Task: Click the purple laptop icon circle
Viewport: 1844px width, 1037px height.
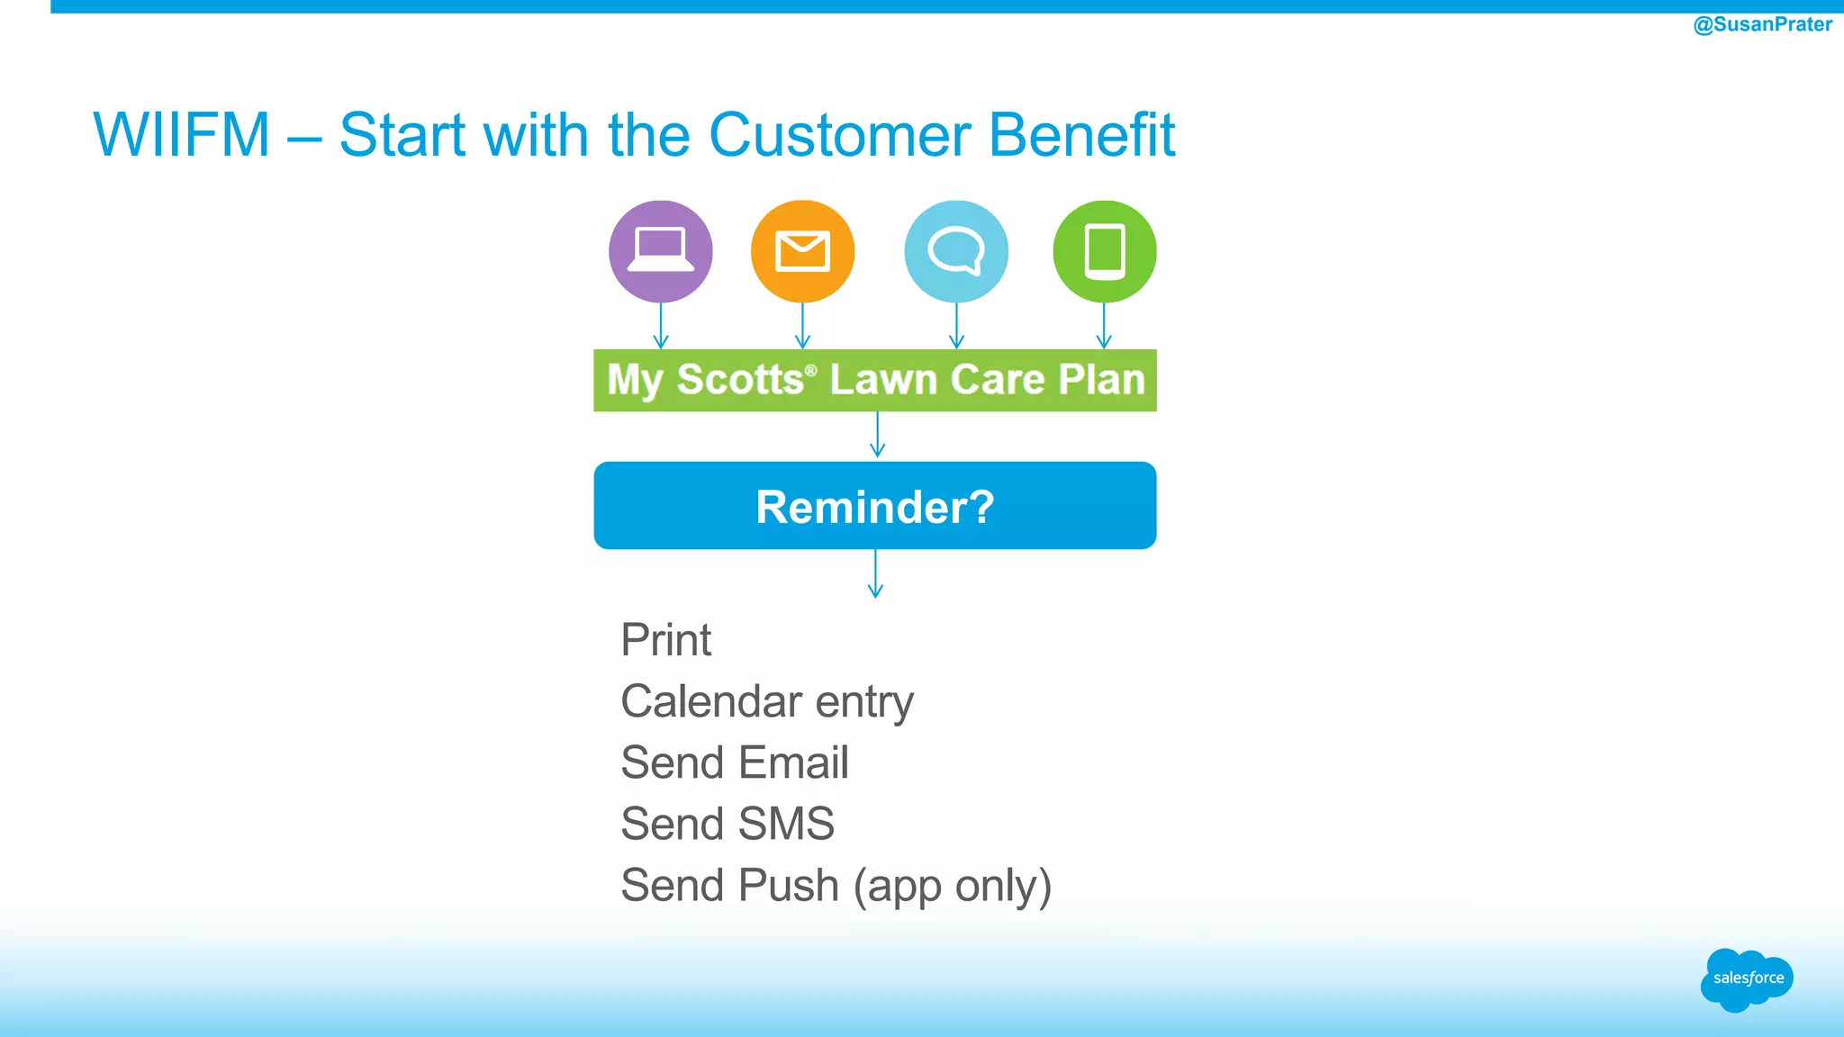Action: click(x=660, y=251)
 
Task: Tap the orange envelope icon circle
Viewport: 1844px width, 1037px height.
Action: click(x=802, y=251)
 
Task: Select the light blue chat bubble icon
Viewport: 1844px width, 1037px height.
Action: click(x=956, y=251)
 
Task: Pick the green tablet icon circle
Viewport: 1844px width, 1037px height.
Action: click(x=1105, y=251)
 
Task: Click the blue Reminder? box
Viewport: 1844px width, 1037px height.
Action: click(x=874, y=506)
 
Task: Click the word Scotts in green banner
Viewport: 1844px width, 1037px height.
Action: click(x=739, y=379)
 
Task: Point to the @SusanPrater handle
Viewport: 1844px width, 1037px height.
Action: click(x=1762, y=24)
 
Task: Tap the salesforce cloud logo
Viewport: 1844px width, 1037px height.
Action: click(x=1747, y=978)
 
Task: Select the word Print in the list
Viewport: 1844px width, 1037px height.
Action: click(x=665, y=640)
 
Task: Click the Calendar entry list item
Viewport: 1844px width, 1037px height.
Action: click(x=766, y=701)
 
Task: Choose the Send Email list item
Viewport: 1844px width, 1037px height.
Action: click(x=734, y=762)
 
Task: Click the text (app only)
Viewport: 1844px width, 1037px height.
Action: click(x=952, y=886)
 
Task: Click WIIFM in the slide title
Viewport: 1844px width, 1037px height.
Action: click(x=181, y=135)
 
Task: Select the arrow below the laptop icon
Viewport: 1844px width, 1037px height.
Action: click(x=661, y=326)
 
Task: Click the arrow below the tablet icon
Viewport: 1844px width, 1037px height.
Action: click(x=1105, y=326)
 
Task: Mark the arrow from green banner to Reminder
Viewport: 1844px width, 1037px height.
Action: click(x=878, y=436)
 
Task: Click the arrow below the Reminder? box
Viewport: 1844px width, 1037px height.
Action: click(x=875, y=574)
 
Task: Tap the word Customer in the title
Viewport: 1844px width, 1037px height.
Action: click(x=839, y=135)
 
